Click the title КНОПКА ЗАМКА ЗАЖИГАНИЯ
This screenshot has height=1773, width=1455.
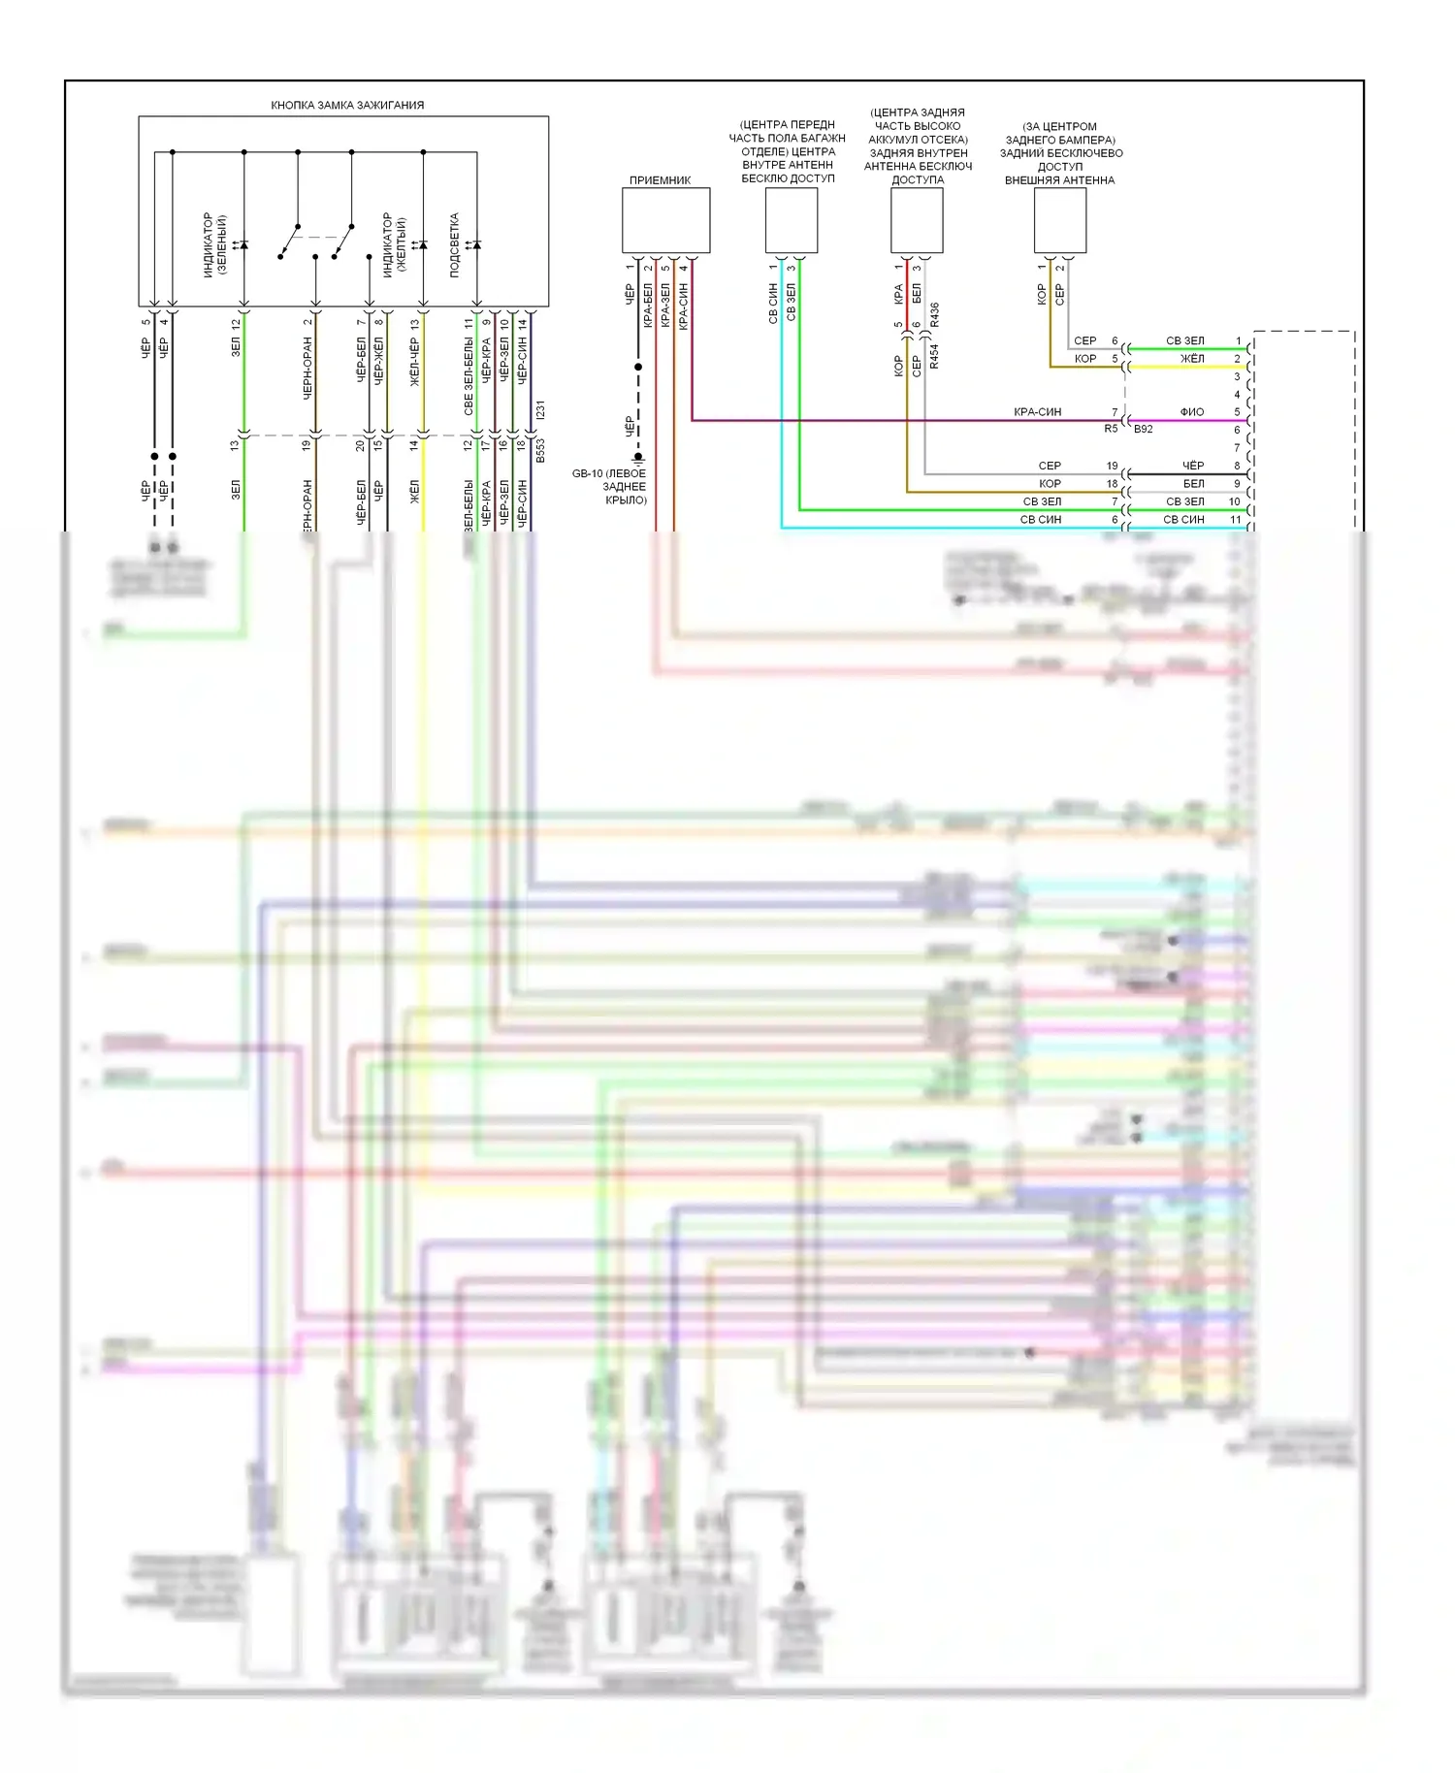(347, 105)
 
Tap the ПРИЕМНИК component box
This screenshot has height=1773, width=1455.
(665, 220)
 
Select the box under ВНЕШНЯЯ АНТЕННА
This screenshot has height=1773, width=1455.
(1059, 220)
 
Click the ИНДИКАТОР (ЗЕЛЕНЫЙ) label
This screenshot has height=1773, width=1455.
(214, 245)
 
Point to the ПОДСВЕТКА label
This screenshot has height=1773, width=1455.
(454, 245)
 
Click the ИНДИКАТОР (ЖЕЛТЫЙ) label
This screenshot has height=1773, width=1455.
(394, 245)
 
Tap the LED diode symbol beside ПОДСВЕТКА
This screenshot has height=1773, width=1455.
(475, 245)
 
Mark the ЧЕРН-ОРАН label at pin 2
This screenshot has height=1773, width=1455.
(307, 369)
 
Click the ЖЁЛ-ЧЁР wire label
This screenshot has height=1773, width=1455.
(415, 363)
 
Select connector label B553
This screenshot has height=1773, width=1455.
(540, 450)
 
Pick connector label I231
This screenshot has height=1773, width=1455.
(540, 409)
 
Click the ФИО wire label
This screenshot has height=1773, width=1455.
(1192, 412)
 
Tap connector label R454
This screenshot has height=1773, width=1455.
(934, 356)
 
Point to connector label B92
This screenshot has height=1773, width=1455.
(1144, 429)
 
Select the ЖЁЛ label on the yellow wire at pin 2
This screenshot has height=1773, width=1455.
(1192, 359)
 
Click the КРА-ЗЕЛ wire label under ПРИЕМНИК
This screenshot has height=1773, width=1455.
(665, 305)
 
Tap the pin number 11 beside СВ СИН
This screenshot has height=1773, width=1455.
(1236, 520)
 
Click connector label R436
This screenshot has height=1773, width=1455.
(934, 314)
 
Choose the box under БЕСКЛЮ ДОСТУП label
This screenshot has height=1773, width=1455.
(791, 220)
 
